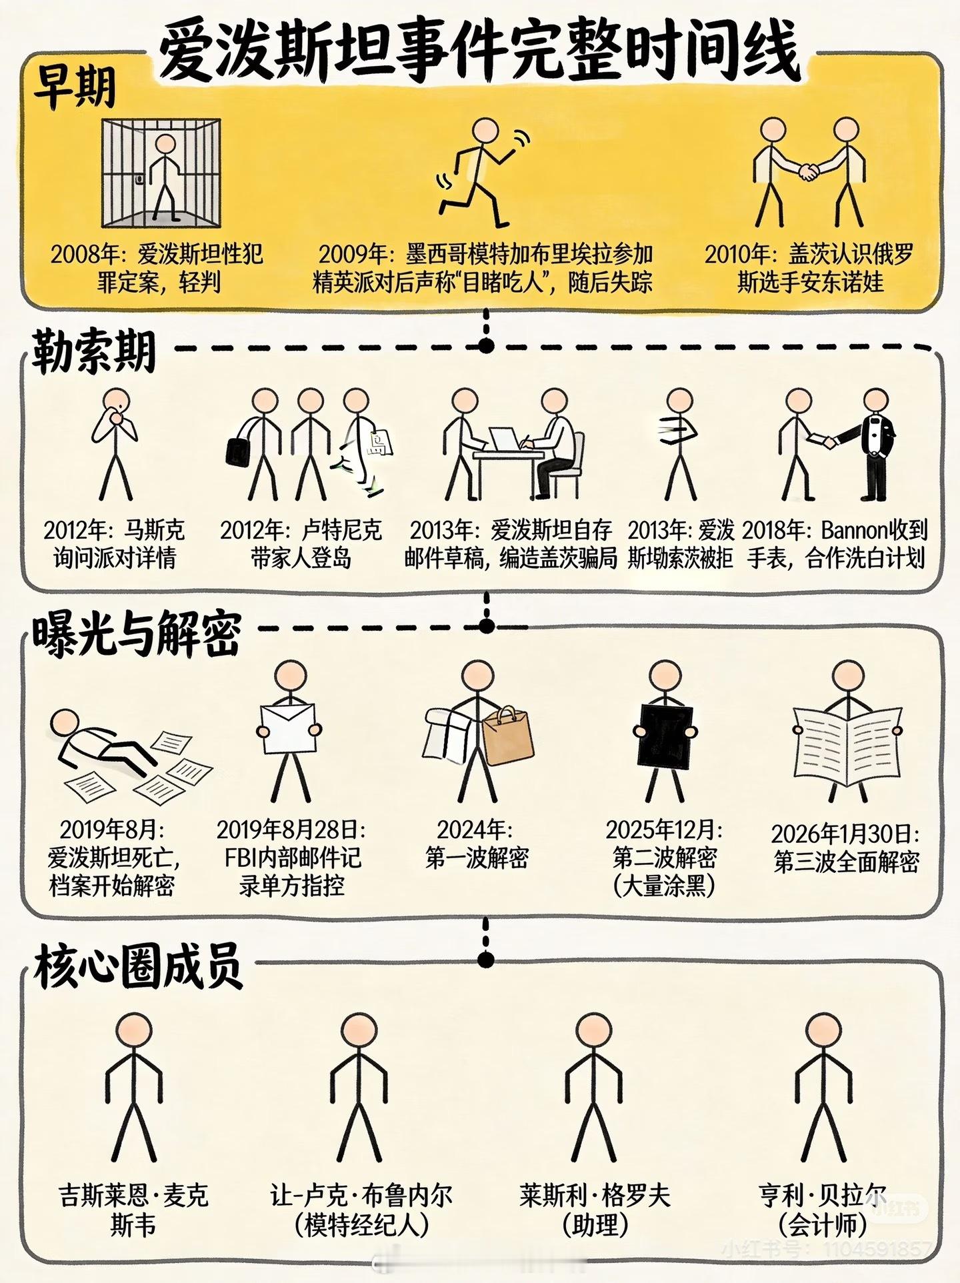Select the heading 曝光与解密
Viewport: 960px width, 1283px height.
pyautogui.click(x=136, y=633)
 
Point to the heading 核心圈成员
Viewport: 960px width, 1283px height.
pyautogui.click(x=138, y=967)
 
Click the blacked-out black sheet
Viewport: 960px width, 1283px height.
pyautogui.click(x=665, y=731)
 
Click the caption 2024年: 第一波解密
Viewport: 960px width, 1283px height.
pyautogui.click(x=477, y=844)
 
